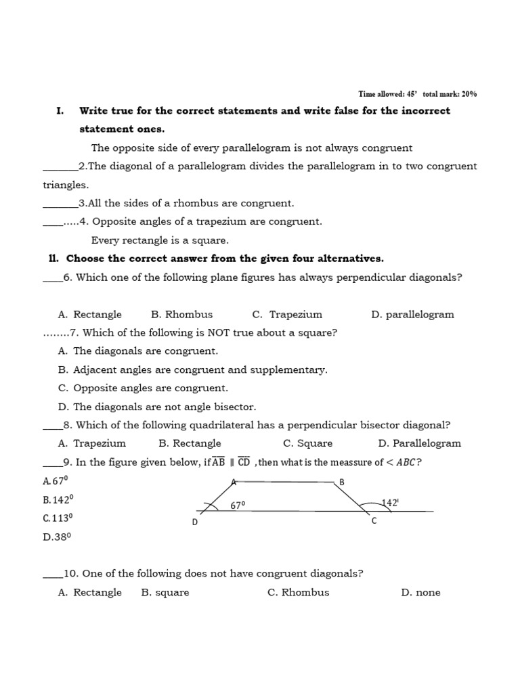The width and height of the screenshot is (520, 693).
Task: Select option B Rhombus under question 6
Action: click(x=181, y=315)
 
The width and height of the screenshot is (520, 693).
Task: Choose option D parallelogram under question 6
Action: click(x=412, y=315)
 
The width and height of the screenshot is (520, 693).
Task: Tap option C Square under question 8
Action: click(x=307, y=444)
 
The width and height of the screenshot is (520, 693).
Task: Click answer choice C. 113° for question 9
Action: click(x=58, y=518)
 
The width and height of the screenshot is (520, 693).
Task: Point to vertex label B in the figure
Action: click(x=342, y=482)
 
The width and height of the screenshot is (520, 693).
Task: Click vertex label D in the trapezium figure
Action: click(x=195, y=522)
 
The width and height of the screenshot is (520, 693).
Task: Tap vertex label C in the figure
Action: click(x=373, y=521)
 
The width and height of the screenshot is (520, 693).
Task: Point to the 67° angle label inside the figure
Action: click(x=238, y=505)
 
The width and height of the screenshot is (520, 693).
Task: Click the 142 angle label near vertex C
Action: click(x=390, y=503)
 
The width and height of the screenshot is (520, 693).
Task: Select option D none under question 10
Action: click(x=420, y=593)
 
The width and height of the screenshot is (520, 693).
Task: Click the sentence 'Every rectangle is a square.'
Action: click(x=160, y=240)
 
